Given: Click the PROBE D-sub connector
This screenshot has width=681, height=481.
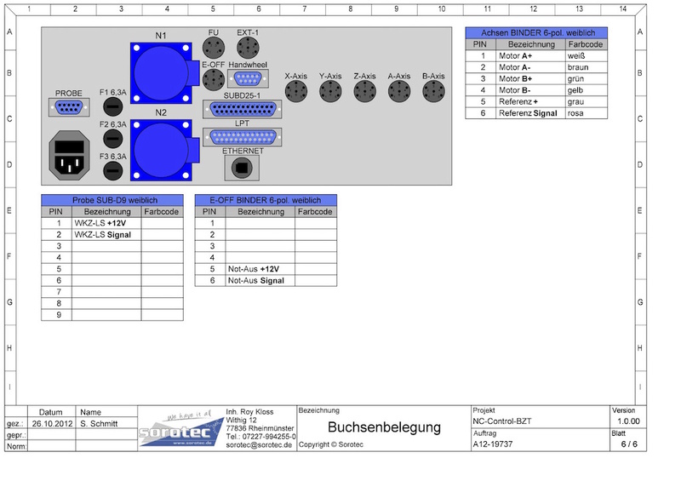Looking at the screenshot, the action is pyautogui.click(x=69, y=107).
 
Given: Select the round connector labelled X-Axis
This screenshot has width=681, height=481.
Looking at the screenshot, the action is pyautogui.click(x=296, y=92).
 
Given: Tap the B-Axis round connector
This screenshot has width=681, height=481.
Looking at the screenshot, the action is pyautogui.click(x=433, y=92).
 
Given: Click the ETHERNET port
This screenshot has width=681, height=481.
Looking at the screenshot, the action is pyautogui.click(x=242, y=168).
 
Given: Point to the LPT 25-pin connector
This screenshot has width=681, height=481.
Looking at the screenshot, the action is pyautogui.click(x=243, y=137).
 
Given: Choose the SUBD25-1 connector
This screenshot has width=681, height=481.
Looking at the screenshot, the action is pyautogui.click(x=243, y=109).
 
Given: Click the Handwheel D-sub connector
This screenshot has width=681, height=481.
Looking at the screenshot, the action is pyautogui.click(x=248, y=78).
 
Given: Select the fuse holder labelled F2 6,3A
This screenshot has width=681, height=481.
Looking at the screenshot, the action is pyautogui.click(x=113, y=139).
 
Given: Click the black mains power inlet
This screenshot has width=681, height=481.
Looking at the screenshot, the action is pyautogui.click(x=70, y=155).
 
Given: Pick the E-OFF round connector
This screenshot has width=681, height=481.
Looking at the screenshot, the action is pyautogui.click(x=214, y=79).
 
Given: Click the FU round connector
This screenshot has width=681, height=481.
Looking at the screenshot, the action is pyautogui.click(x=214, y=48).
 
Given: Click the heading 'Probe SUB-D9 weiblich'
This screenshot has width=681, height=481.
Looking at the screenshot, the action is pyautogui.click(x=115, y=200).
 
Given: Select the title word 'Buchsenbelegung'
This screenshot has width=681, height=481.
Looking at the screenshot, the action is pyautogui.click(x=385, y=427).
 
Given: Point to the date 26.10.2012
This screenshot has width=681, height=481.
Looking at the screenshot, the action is pyautogui.click(x=52, y=423).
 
